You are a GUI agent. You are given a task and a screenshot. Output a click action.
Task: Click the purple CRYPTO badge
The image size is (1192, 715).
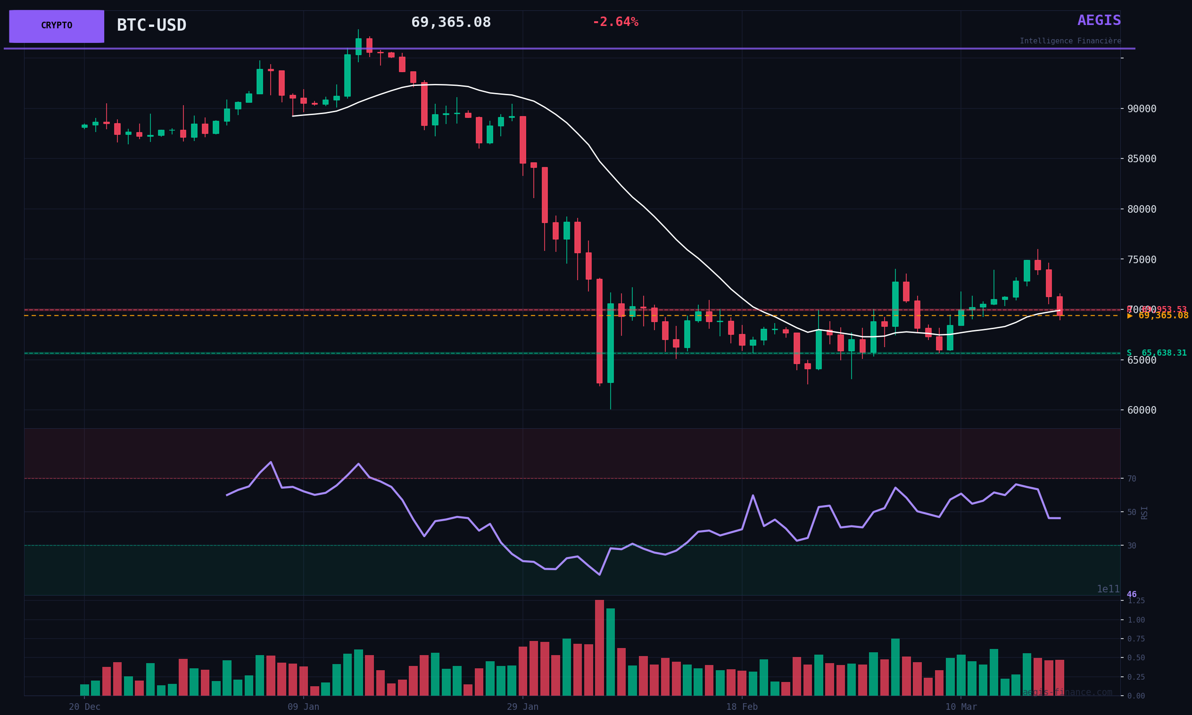tap(57, 26)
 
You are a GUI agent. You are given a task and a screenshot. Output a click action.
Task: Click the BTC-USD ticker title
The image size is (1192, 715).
tap(151, 25)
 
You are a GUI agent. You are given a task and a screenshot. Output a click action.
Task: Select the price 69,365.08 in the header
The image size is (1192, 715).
tap(451, 23)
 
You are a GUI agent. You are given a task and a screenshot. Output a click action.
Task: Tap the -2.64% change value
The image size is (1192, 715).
tap(615, 22)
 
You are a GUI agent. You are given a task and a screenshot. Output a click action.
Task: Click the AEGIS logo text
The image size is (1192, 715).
tap(1099, 21)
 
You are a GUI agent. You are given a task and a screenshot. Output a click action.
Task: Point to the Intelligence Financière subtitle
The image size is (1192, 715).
tap(1070, 42)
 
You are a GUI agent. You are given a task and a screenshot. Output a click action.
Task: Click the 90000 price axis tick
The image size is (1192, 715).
tap(1142, 109)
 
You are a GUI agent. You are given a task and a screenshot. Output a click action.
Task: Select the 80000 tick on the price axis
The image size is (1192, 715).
tap(1142, 209)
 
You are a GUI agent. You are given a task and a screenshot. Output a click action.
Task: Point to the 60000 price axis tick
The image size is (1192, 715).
tap(1142, 410)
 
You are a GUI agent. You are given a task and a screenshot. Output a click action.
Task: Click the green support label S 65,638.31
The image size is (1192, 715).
tap(1156, 353)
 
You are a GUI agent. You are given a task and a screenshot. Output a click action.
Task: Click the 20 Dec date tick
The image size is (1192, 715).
tap(84, 707)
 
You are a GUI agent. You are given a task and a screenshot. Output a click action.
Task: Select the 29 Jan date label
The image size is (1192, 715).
tap(522, 707)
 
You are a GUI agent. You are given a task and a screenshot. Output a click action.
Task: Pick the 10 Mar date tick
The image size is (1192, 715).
tap(961, 707)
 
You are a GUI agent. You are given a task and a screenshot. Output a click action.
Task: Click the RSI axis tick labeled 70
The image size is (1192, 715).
tap(1131, 479)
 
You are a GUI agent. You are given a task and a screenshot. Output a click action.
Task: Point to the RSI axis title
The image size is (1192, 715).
tap(1144, 513)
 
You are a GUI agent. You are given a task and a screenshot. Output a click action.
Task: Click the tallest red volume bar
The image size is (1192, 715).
tap(599, 648)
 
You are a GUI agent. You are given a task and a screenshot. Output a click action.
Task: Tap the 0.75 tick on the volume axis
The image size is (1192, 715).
tap(1135, 639)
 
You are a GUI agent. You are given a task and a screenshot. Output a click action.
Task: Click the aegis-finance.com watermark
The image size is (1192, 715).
tap(1067, 693)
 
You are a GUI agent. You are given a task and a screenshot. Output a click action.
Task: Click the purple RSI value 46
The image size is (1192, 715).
tap(1131, 595)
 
